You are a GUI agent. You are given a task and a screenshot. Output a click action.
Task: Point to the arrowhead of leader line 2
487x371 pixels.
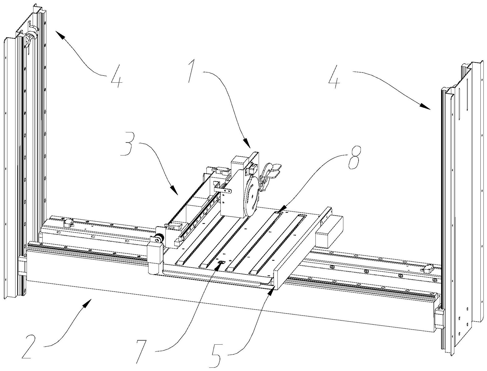(x=88, y=302)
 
